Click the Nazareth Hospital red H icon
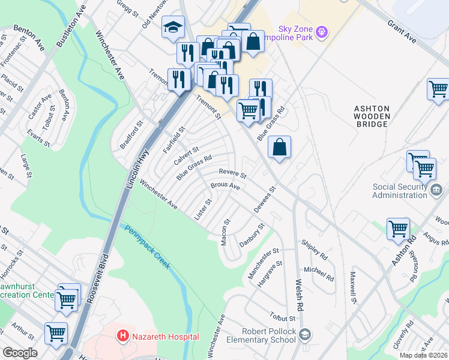coord(123,337)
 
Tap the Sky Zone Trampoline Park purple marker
coord(322,31)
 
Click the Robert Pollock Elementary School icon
coord(306,334)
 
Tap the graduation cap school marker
coord(173,28)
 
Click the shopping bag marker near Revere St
coord(280,147)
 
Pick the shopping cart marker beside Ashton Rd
coord(398,229)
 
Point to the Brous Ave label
coord(225,187)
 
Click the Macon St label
coord(226,230)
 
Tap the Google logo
coord(20,353)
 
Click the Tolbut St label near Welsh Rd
coord(283,319)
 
